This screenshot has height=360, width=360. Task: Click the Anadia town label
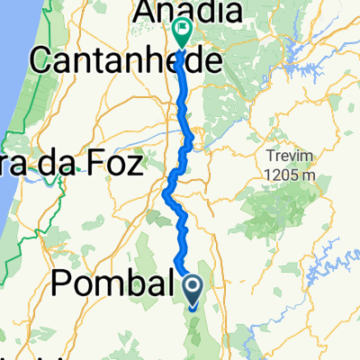pyautogui.click(x=188, y=13)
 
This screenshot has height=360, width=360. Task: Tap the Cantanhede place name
pyautogui.click(x=126, y=60)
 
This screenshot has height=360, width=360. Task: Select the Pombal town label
pyautogui.click(x=112, y=285)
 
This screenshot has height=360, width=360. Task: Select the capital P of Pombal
pyautogui.click(x=63, y=285)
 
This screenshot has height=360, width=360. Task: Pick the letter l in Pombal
pyautogui.click(x=164, y=285)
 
